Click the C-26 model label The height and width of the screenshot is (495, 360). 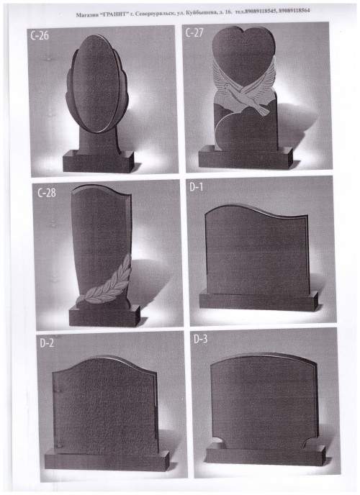[x=40, y=35]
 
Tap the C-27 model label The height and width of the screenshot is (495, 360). [x=194, y=32]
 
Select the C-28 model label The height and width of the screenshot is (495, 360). [x=46, y=193]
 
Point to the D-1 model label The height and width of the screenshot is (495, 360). [x=196, y=187]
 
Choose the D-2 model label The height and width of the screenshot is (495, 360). [x=47, y=343]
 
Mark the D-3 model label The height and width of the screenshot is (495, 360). [x=201, y=340]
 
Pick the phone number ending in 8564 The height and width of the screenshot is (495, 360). [x=294, y=11]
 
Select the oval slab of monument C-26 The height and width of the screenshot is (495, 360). [x=95, y=83]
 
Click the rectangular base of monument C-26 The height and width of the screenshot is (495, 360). [x=99, y=161]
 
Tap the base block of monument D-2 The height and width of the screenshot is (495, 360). [x=107, y=460]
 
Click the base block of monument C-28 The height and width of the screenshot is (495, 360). [x=104, y=316]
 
